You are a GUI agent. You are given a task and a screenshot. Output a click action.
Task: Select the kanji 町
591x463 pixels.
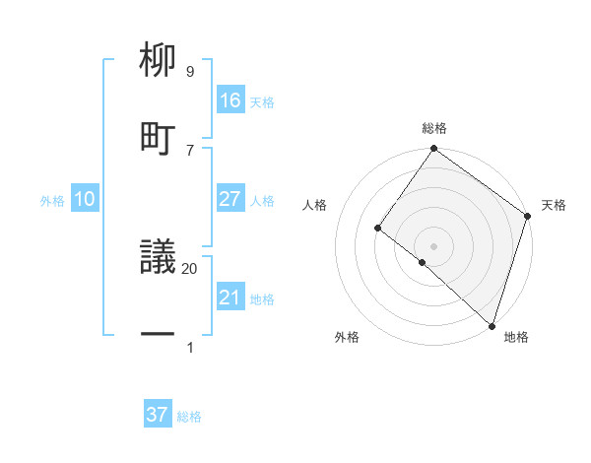(x=158, y=137)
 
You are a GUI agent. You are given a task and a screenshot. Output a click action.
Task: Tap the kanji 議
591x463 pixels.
(x=158, y=259)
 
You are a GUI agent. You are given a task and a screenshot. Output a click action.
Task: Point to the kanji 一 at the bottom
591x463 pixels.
(x=158, y=336)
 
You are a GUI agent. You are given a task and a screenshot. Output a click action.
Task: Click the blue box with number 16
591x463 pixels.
(x=230, y=100)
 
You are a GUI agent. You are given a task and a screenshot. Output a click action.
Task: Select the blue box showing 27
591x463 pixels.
(x=230, y=199)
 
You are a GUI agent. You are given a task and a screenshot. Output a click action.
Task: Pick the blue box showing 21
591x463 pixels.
(x=230, y=298)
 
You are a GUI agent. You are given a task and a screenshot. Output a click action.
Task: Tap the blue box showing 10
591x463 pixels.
(x=85, y=199)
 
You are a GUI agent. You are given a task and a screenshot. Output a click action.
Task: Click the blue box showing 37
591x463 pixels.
(x=158, y=415)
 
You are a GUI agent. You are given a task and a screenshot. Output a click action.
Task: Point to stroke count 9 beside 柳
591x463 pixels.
(x=190, y=72)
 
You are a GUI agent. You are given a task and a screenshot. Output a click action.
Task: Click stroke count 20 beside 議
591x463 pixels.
(x=190, y=268)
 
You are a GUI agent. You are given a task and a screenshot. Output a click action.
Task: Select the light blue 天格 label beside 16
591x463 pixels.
(x=262, y=101)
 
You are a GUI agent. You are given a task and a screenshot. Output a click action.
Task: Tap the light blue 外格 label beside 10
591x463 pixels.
(x=52, y=201)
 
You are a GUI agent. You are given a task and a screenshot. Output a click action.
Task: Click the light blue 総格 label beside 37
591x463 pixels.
(x=189, y=417)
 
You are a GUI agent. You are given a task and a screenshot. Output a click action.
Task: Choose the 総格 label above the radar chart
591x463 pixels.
(x=434, y=128)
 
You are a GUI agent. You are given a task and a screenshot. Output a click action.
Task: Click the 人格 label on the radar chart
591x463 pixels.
(x=315, y=205)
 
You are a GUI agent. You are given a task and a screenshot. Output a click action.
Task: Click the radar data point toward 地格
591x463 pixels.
(x=492, y=325)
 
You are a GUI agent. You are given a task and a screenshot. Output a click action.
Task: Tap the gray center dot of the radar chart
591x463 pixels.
(x=433, y=245)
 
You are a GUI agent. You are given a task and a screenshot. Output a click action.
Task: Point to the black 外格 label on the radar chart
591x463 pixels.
(x=347, y=338)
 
